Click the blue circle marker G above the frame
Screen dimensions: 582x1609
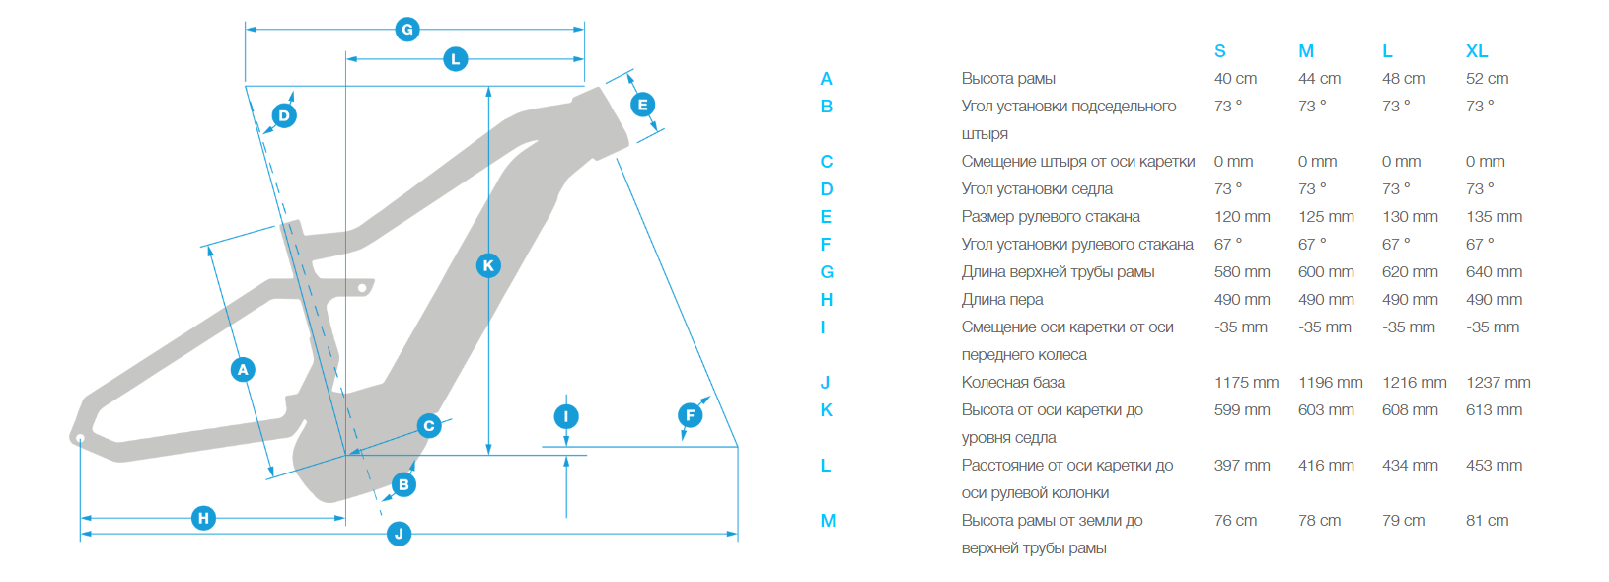pos(406,30)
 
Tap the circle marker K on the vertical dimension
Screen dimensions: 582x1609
pos(488,265)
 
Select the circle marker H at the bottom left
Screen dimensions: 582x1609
pos(203,518)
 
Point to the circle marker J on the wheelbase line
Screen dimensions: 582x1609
pos(399,534)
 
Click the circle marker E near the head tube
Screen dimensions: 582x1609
pos(642,105)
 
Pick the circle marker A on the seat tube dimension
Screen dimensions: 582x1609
pos(243,370)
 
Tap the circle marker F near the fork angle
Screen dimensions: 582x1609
pos(691,415)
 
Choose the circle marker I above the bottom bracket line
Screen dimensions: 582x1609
pos(566,416)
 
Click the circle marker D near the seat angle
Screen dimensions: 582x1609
pos(284,115)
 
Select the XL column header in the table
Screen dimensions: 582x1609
pos(1476,51)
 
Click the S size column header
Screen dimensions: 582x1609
pos(1220,51)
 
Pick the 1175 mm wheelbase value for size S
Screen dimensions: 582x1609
pos(1246,383)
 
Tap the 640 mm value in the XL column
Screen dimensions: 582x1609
pos(1494,272)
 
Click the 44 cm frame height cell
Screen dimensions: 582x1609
pos(1319,79)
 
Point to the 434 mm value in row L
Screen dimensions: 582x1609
pos(1410,466)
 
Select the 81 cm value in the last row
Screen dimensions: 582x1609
pos(1487,521)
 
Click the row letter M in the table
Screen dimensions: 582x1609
pos(828,521)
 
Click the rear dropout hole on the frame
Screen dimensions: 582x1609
pos(80,437)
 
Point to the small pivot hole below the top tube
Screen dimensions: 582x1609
pos(362,288)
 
